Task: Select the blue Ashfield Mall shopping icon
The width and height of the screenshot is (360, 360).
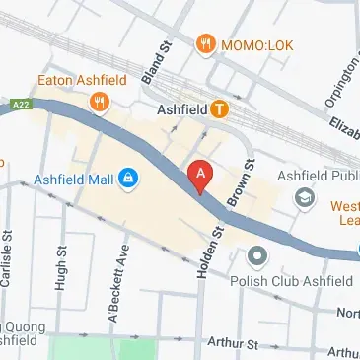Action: point(127,179)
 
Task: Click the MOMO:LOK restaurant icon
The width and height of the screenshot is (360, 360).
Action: point(205,43)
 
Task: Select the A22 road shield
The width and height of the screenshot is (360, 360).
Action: point(19,104)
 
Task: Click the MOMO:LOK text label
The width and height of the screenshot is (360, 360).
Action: point(255,43)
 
